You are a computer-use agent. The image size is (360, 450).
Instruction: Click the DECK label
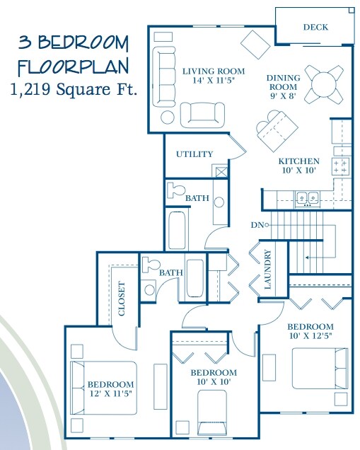click(315, 28)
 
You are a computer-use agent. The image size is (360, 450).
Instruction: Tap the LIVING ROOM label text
click(214, 71)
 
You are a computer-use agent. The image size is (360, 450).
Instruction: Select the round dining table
click(323, 85)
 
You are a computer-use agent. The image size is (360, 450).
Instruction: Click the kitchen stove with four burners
click(341, 166)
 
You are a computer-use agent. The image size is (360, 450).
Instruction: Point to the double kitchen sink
click(308, 198)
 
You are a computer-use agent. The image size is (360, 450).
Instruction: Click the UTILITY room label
click(194, 154)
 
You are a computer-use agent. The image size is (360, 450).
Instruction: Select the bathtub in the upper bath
click(178, 230)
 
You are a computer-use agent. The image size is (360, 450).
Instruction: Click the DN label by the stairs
click(257, 225)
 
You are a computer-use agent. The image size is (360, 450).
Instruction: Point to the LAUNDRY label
click(267, 269)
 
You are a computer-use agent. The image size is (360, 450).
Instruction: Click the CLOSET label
click(122, 299)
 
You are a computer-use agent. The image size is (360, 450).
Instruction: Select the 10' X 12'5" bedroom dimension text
click(310, 336)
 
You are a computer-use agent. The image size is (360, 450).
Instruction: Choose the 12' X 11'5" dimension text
click(111, 393)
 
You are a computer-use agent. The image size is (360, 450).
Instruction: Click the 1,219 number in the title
click(30, 89)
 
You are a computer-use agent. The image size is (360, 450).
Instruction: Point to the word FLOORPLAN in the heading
click(74, 67)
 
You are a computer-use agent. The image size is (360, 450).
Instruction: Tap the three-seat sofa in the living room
click(163, 76)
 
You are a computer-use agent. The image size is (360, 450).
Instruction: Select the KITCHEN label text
click(299, 161)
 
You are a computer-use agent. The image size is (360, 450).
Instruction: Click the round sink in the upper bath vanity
click(219, 202)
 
